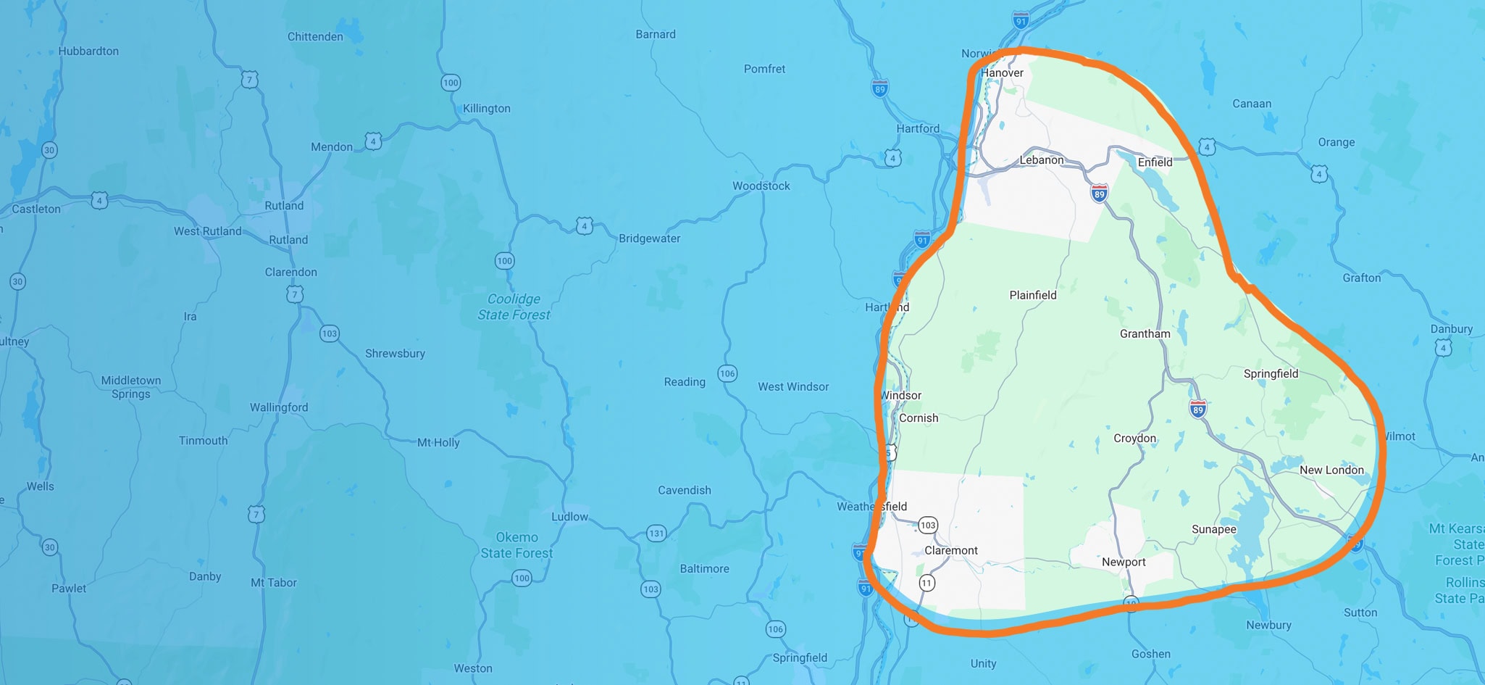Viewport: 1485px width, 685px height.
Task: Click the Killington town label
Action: click(486, 109)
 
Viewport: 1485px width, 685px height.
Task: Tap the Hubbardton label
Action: click(88, 51)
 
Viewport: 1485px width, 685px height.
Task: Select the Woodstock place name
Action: click(761, 186)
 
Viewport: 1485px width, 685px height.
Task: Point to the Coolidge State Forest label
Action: click(514, 307)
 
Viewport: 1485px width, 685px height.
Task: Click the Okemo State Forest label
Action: click(516, 545)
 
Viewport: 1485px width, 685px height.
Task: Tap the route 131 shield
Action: click(656, 534)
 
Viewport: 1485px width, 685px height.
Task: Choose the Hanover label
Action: click(1002, 72)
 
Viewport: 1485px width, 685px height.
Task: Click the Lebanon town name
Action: click(1042, 160)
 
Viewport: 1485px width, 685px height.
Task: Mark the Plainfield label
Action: click(1032, 295)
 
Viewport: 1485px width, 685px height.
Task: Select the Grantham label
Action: click(1145, 333)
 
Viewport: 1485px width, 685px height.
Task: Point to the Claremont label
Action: click(950, 550)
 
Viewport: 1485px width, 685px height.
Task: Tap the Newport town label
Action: click(1124, 562)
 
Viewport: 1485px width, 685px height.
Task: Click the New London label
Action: click(1331, 470)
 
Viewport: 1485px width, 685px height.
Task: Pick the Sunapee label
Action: click(1213, 529)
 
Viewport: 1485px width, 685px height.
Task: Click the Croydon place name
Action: click(1134, 439)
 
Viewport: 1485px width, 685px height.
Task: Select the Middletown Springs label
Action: click(131, 387)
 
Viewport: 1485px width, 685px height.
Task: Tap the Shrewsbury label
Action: click(395, 354)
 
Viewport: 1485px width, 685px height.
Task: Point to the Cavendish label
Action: click(684, 490)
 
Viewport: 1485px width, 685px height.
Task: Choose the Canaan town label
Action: click(1252, 104)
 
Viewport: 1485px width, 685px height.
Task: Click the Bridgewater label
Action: click(649, 238)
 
